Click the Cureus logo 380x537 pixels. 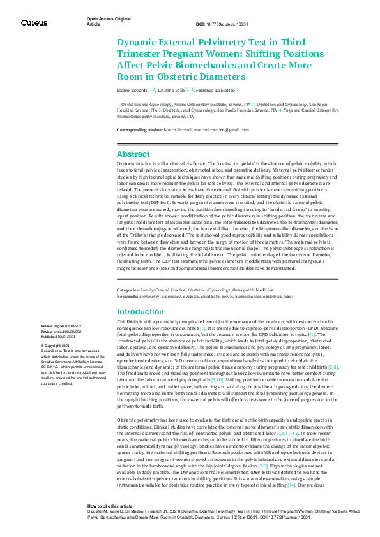[34, 23]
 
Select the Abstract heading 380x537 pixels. [133, 154]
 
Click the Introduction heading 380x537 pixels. [141, 312]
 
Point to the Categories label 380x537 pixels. [128, 290]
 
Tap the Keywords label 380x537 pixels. [128, 296]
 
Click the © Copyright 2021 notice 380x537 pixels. [55, 345]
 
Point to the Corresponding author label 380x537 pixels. [140, 130]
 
